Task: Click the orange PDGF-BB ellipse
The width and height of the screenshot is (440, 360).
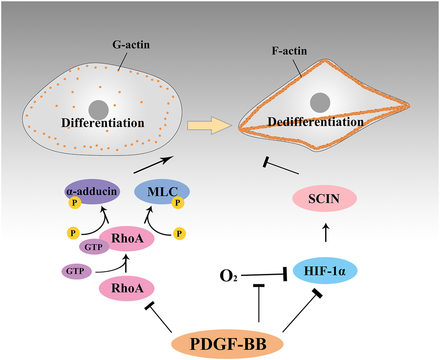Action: click(227, 344)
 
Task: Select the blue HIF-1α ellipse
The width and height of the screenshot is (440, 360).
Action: click(325, 271)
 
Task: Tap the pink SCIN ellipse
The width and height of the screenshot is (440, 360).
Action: click(324, 198)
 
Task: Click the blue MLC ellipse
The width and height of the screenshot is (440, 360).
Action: click(162, 191)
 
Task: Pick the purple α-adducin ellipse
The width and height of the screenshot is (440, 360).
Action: click(92, 191)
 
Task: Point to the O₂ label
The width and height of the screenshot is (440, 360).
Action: click(228, 276)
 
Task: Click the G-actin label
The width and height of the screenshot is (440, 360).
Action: click(131, 45)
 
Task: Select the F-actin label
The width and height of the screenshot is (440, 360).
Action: click(289, 51)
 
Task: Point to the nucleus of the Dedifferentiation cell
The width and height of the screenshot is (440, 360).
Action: click(320, 103)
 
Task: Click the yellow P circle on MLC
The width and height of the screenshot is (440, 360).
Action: click(178, 203)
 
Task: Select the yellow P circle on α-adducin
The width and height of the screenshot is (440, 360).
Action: click(75, 203)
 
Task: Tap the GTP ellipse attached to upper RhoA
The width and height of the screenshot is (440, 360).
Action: click(94, 247)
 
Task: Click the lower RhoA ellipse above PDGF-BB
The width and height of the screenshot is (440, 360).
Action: click(127, 288)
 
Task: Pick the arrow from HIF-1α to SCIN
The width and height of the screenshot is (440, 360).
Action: click(326, 233)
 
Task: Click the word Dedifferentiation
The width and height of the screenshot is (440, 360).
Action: click(315, 122)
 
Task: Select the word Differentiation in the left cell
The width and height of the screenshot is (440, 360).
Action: click(103, 123)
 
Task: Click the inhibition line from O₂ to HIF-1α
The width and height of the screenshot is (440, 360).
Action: click(264, 275)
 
